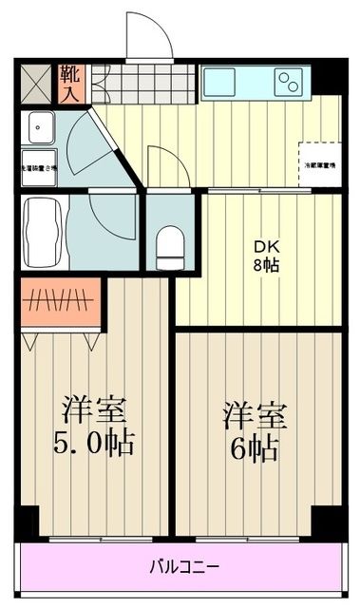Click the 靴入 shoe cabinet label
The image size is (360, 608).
click(71, 83)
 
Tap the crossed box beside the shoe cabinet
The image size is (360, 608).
click(39, 83)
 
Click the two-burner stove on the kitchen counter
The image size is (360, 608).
click(292, 82)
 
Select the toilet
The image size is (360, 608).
click(170, 245)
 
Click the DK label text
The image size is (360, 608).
click(265, 246)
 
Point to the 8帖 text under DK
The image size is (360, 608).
click(265, 265)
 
